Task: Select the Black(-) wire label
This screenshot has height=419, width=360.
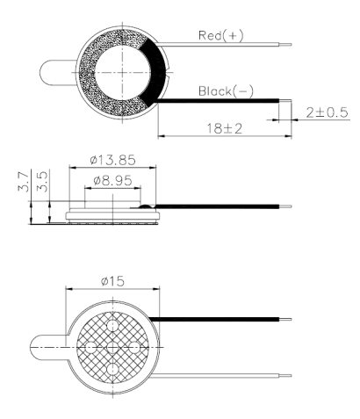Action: (227, 90)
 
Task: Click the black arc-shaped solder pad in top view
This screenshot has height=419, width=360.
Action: (156, 72)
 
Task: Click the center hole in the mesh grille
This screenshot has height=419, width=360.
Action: (113, 348)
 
